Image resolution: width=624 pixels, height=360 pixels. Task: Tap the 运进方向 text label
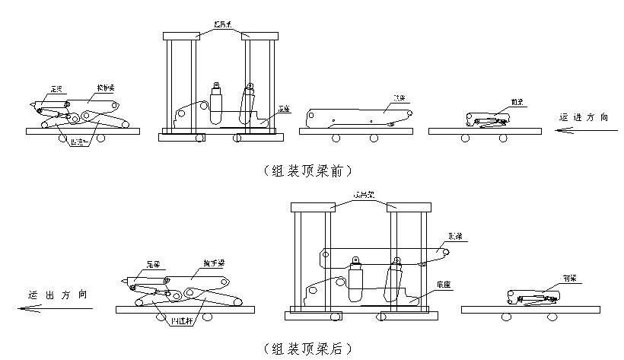click(x=584, y=117)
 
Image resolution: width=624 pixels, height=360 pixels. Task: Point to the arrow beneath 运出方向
click(x=55, y=308)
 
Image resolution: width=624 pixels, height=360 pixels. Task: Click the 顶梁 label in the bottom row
click(x=457, y=237)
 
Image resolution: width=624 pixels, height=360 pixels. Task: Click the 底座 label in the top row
click(x=284, y=108)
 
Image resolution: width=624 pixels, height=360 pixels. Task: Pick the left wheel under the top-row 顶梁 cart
click(x=335, y=139)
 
